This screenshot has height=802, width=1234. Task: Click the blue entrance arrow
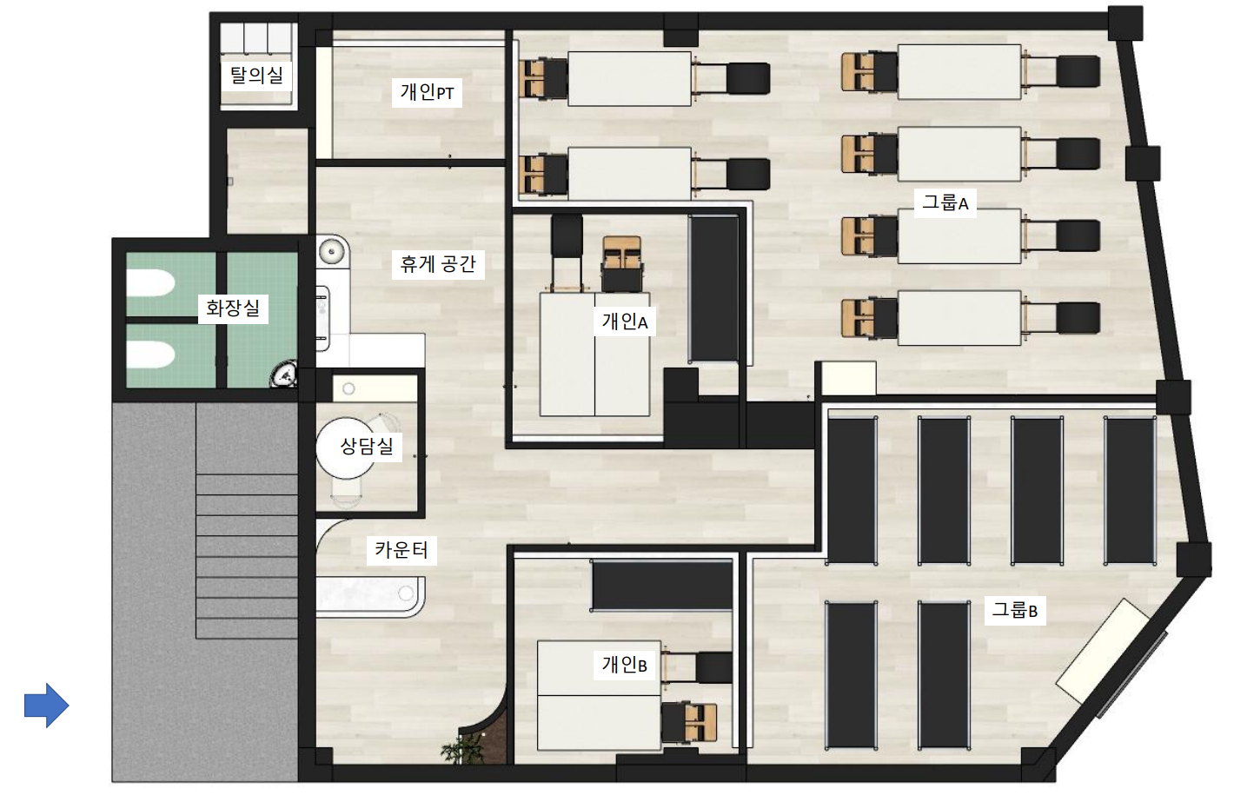click(46, 705)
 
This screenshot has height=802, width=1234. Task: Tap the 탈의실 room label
click(256, 75)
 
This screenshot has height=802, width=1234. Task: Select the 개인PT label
click(427, 91)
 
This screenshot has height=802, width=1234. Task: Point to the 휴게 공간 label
click(438, 264)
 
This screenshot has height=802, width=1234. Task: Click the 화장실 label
click(233, 308)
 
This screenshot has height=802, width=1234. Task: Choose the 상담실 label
click(367, 446)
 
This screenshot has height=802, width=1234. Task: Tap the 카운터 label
click(401, 549)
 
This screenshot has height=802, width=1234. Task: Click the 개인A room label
click(625, 321)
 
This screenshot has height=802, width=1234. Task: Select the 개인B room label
click(624, 665)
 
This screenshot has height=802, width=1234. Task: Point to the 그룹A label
click(945, 202)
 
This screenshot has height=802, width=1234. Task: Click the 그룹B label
click(1015, 610)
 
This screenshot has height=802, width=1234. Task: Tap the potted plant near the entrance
click(462, 747)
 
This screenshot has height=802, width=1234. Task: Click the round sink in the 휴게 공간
click(332, 252)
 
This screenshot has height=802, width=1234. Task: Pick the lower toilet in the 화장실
click(151, 355)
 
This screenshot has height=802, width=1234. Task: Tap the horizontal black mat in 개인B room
click(661, 585)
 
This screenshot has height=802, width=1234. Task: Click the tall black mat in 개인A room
click(714, 289)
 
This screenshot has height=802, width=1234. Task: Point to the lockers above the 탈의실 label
click(256, 37)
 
